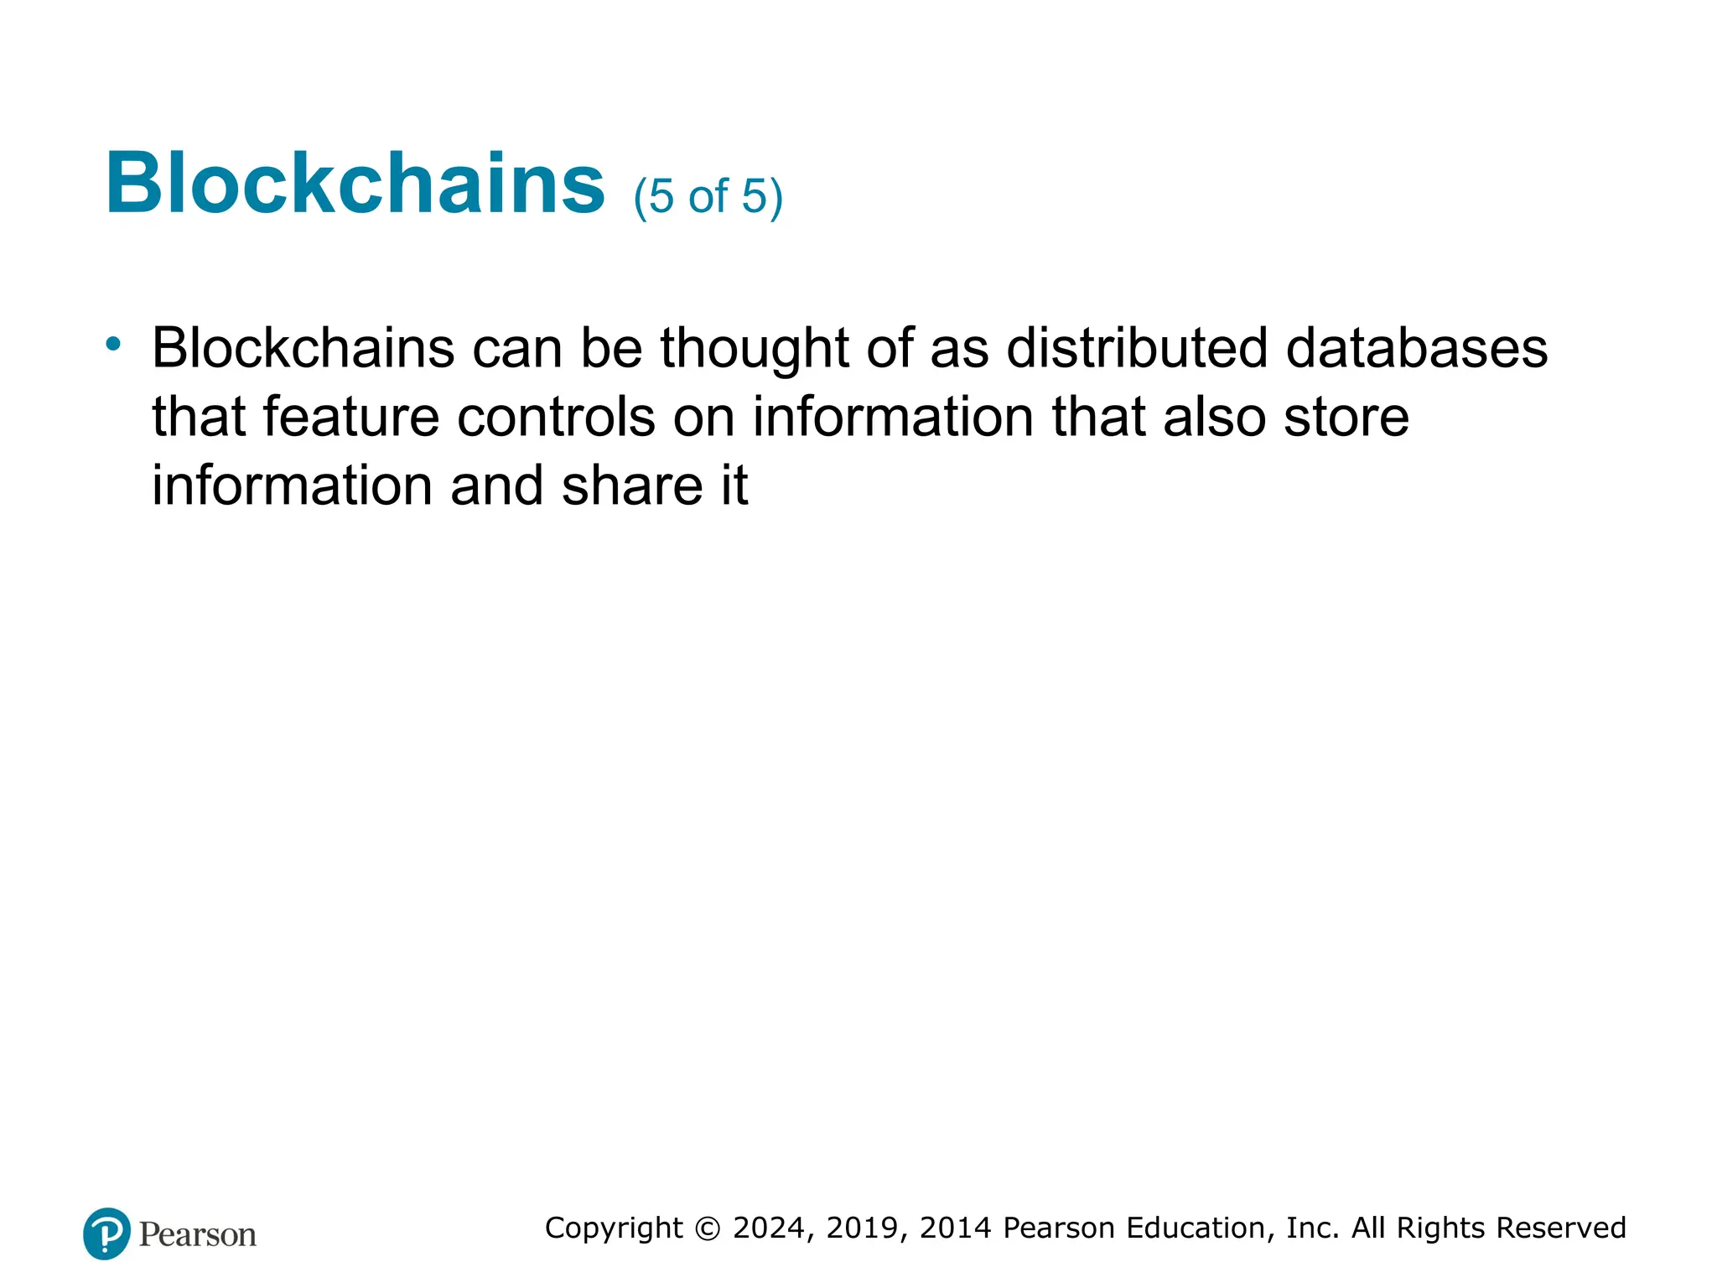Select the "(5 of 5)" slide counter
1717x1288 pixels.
pos(708,197)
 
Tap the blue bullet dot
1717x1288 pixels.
pos(113,343)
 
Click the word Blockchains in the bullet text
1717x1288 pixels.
pos(303,347)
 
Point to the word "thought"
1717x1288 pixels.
pos(755,349)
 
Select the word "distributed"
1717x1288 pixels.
pos(1136,347)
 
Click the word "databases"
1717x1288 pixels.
pos(1416,347)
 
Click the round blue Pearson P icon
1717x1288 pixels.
pos(106,1233)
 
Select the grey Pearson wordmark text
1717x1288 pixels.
pos(197,1235)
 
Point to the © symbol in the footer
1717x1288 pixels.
pos(708,1228)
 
